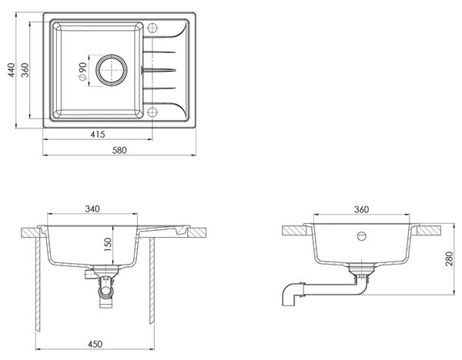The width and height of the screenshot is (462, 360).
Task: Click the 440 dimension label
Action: (12, 70)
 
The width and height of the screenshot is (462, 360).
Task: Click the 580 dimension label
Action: (119, 151)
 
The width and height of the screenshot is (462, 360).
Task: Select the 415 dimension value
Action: (98, 135)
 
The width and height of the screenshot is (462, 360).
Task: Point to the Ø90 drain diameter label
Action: (82, 72)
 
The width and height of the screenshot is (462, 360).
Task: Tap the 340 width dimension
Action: (92, 208)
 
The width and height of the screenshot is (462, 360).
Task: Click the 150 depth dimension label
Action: (108, 245)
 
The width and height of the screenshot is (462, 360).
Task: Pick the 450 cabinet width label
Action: (95, 344)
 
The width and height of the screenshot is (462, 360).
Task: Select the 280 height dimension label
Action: (449, 259)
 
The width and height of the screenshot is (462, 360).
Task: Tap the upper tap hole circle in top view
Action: (152, 28)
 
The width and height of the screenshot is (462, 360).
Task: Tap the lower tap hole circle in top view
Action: (152, 112)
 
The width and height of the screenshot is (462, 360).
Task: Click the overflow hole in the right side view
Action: (362, 236)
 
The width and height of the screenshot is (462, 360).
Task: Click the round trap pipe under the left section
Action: (105, 292)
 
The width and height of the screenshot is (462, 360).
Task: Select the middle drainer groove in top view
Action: (159, 70)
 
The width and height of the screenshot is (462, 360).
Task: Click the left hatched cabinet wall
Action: (38, 285)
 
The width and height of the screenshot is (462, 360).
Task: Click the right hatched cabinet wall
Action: (152, 281)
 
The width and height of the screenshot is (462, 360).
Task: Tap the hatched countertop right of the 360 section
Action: (429, 230)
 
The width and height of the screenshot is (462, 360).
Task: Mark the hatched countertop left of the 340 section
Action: (31, 232)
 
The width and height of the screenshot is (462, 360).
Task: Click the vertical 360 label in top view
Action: (25, 70)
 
